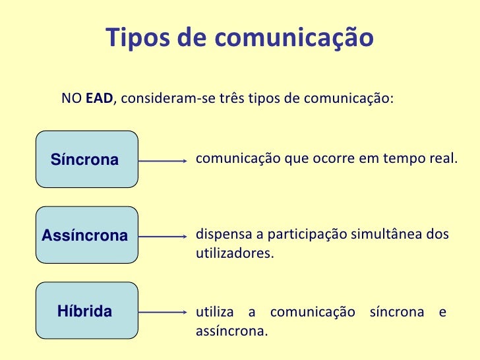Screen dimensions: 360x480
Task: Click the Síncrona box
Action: click(x=88, y=159)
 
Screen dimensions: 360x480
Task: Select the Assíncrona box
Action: click(x=88, y=235)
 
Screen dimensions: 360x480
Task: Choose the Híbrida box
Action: click(x=88, y=311)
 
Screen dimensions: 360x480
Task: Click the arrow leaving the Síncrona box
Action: click(x=164, y=160)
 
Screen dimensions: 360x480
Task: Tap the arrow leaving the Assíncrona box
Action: click(x=164, y=236)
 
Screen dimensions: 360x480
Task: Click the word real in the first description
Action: click(x=441, y=159)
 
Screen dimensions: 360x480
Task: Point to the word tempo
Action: click(x=402, y=159)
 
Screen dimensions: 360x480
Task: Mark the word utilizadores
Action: click(x=233, y=253)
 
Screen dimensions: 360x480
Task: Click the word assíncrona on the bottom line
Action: click(x=231, y=330)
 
